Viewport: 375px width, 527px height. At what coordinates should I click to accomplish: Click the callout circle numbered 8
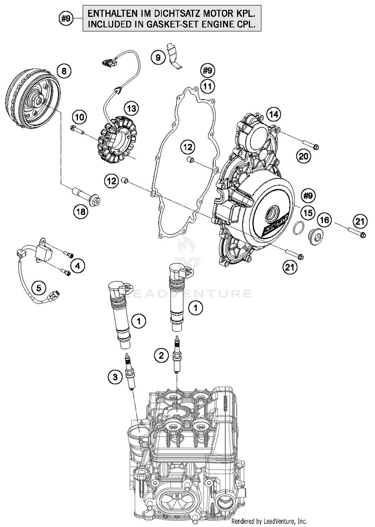64,71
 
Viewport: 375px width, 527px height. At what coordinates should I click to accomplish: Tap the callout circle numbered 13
131,109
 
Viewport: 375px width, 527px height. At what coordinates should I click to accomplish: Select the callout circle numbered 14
273,114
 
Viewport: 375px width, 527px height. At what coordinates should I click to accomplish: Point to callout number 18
81,212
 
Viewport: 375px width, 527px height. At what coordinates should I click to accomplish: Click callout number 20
303,156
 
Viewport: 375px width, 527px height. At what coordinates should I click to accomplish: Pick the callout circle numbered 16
324,220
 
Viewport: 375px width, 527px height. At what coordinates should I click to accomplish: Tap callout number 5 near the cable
39,288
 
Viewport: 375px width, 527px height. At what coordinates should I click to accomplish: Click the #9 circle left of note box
66,19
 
